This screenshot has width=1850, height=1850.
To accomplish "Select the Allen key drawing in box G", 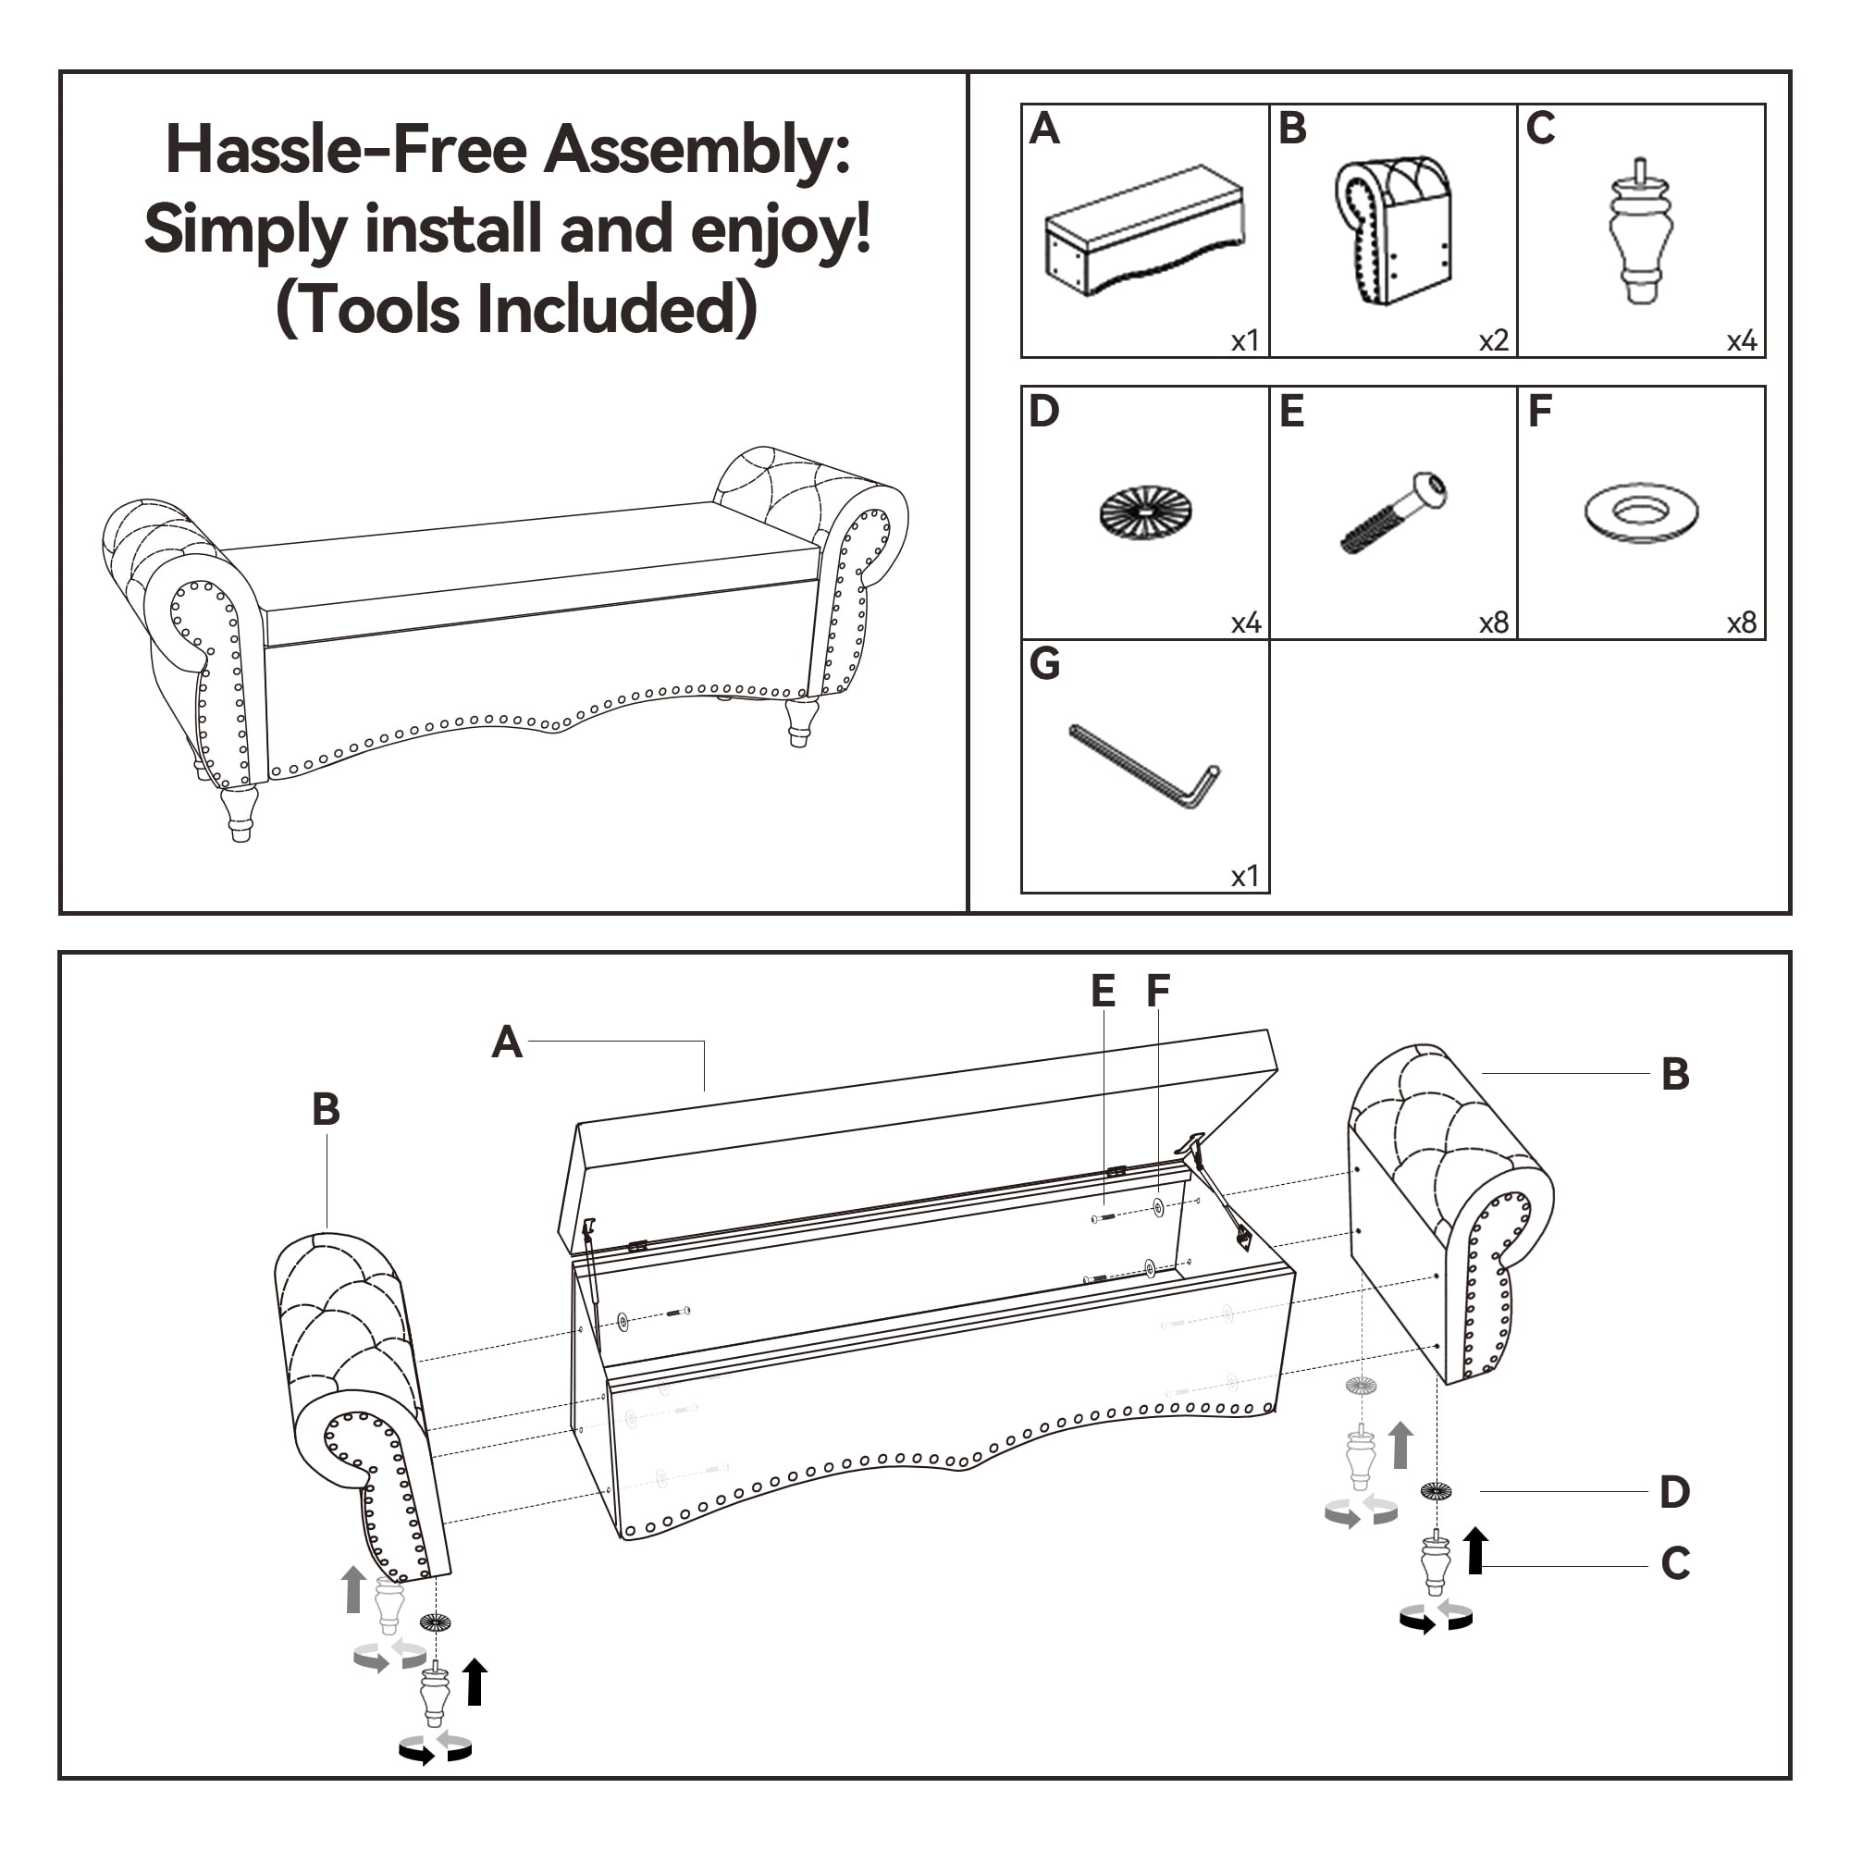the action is point(1144,766).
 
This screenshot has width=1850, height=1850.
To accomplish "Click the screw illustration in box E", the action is point(1394,512).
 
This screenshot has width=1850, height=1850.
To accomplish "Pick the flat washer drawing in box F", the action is point(1641,512).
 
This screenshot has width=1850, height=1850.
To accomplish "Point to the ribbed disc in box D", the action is point(1145,512).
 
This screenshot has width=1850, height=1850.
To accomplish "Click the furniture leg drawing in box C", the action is point(1640,232).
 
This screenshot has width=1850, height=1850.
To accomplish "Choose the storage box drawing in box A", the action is point(1144,230).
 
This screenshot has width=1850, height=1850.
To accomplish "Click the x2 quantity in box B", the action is point(1493,341).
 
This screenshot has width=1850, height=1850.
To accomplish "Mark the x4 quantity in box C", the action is point(1741,341).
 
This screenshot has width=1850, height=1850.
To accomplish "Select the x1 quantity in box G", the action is point(1245,876).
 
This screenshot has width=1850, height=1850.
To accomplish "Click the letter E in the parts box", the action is point(1291,412).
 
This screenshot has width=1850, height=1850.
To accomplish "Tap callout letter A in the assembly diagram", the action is point(507,1042).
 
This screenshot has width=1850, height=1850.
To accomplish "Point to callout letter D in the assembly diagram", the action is point(1675,1492).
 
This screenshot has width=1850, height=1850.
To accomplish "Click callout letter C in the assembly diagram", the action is point(1676,1563).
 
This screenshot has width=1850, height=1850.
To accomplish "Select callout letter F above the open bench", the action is point(1159,990).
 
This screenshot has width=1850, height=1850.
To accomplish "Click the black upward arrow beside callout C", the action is point(1475,1550).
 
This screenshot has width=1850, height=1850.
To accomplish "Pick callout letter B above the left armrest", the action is point(326,1110).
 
